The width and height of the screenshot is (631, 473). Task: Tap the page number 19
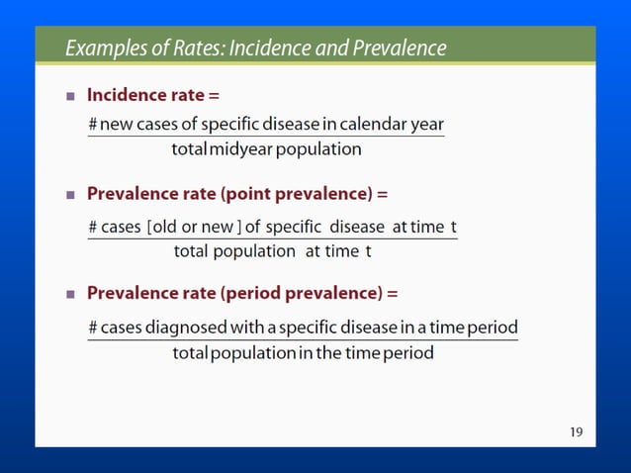(x=576, y=431)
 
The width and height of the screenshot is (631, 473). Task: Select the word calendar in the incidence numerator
(x=376, y=125)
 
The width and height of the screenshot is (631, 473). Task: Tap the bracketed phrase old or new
(x=193, y=227)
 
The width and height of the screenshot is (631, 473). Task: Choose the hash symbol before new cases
(x=92, y=126)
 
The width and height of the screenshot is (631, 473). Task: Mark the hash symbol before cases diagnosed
(x=92, y=328)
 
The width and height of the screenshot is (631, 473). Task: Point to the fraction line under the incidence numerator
(x=265, y=137)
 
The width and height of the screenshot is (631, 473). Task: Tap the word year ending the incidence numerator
(x=428, y=126)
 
